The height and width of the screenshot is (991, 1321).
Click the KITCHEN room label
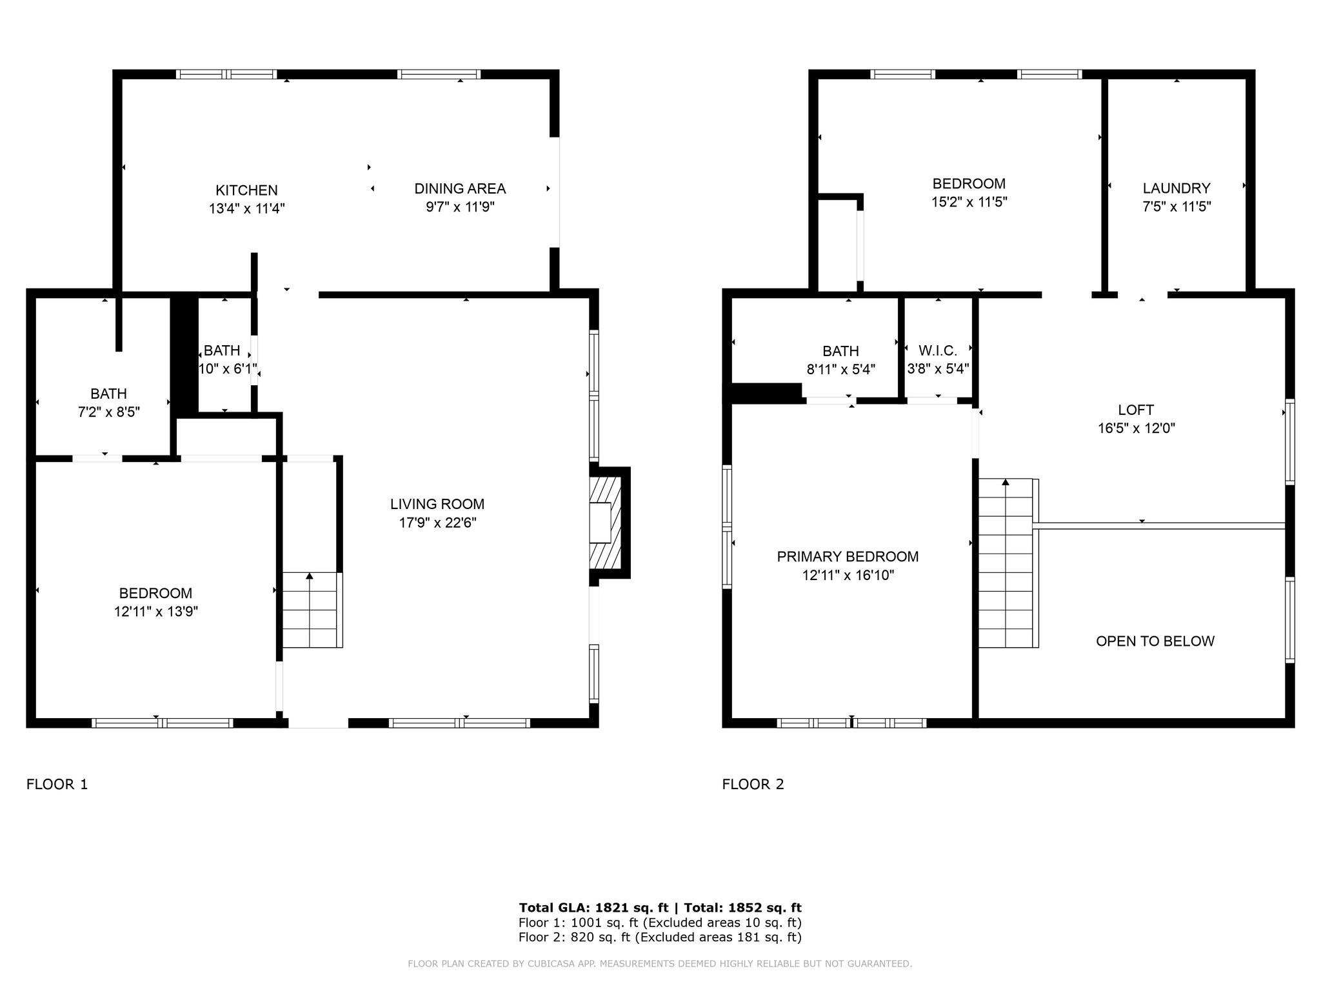click(x=246, y=190)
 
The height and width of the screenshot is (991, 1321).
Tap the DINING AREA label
click(x=459, y=188)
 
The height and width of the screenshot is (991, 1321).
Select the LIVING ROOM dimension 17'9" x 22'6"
click(x=437, y=523)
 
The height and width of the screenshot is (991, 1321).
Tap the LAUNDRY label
click(x=1177, y=188)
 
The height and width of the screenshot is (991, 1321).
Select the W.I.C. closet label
click(x=938, y=350)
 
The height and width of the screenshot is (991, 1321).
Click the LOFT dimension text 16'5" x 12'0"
click(x=1137, y=428)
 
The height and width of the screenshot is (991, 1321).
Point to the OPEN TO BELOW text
click(x=1155, y=641)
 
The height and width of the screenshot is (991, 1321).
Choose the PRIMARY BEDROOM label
click(x=848, y=556)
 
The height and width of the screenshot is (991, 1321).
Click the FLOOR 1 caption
click(x=57, y=784)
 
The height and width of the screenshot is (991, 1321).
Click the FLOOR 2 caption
click(x=753, y=784)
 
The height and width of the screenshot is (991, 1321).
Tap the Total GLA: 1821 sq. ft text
click(x=593, y=908)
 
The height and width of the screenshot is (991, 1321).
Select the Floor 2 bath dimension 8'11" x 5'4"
click(x=840, y=370)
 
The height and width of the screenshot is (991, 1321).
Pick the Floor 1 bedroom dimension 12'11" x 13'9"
click(x=155, y=612)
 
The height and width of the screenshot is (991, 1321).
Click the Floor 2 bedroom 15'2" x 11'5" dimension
click(x=969, y=202)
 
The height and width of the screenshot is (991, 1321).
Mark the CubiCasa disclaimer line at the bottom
click(x=659, y=964)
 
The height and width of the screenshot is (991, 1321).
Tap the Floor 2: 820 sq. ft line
click(x=659, y=937)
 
